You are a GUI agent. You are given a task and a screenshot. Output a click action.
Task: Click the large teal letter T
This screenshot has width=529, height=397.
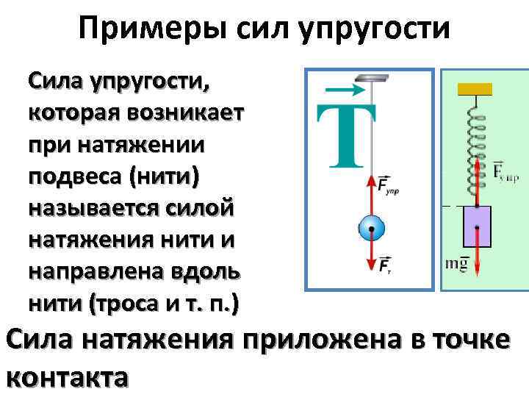(346, 136)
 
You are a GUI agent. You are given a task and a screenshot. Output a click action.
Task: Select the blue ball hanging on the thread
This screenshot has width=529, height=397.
(371, 229)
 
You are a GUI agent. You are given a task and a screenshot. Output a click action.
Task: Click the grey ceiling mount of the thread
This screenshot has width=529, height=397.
(370, 78)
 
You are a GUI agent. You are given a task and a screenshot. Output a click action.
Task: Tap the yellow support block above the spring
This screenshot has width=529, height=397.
(475, 88)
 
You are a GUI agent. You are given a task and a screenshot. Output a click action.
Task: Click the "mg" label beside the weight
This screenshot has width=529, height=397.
(456, 262)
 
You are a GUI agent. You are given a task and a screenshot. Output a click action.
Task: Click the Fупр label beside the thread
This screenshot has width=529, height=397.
(387, 185)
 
